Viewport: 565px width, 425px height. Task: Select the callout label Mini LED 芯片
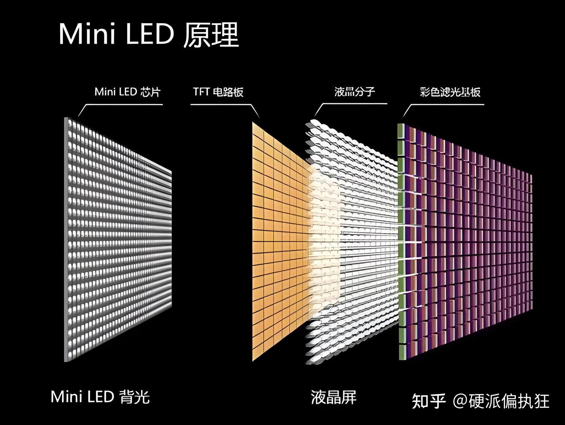click(128, 92)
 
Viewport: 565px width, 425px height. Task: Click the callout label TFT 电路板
click(218, 92)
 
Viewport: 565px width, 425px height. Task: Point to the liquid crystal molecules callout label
click(355, 92)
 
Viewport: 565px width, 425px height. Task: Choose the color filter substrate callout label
click(450, 92)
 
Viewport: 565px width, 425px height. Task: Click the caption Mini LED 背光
click(100, 396)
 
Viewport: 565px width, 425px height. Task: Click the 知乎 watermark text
click(429, 401)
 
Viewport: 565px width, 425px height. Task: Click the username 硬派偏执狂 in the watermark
click(509, 401)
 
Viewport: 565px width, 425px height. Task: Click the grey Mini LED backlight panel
click(118, 240)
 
